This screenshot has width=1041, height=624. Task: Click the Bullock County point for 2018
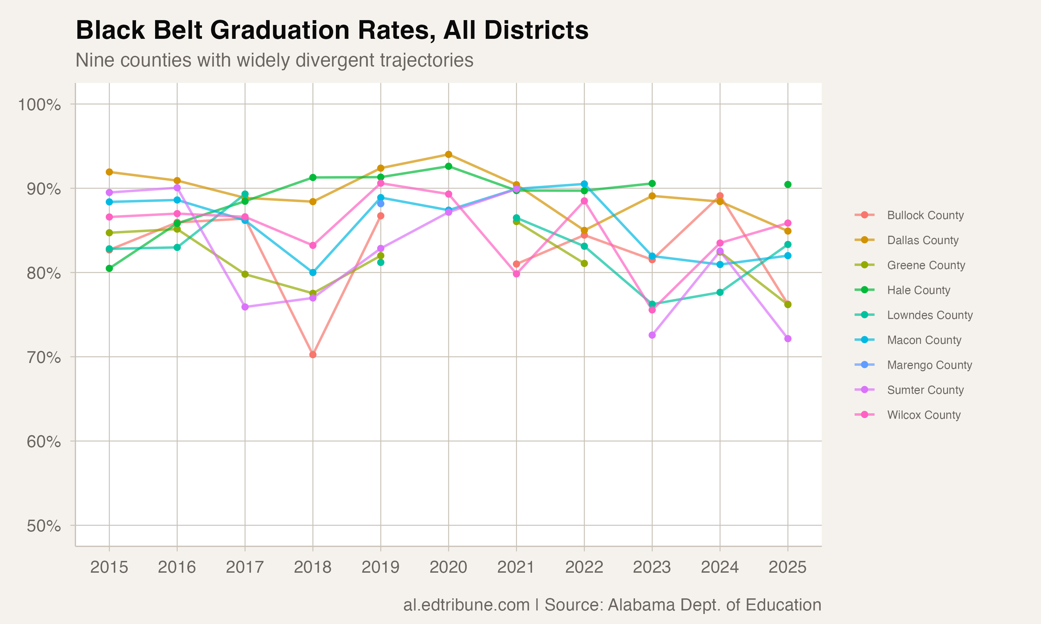pos(313,355)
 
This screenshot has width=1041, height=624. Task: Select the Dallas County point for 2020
pos(449,155)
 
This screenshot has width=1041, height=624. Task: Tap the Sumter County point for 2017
pos(245,307)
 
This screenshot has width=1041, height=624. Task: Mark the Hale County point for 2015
pos(109,268)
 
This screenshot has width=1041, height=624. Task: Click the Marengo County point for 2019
pos(381,203)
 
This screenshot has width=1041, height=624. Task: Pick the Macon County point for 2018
pos(313,272)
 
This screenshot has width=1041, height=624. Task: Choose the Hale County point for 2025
pos(788,184)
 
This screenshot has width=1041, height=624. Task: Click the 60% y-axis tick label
pos(44,442)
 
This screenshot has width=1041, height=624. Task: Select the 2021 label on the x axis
pos(516,567)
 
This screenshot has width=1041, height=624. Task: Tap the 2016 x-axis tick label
pos(177,567)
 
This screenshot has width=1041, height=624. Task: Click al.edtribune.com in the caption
pos(466,605)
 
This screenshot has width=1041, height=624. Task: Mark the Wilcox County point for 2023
pos(652,310)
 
